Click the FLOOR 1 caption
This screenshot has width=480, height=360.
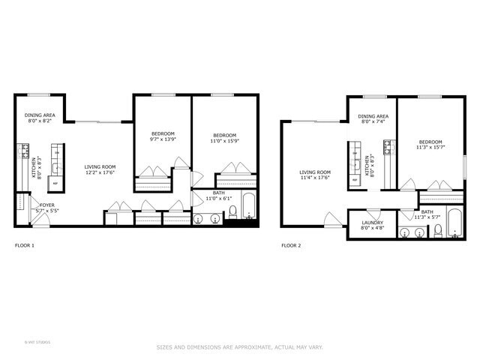click(x=25, y=245)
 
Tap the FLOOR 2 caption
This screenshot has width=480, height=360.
click(x=291, y=245)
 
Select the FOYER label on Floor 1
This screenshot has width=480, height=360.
click(x=37, y=205)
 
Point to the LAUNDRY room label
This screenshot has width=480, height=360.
click(x=373, y=223)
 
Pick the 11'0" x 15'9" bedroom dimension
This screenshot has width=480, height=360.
click(x=223, y=140)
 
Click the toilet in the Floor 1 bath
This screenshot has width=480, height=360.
click(x=232, y=212)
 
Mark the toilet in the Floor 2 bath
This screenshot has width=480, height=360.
click(x=438, y=231)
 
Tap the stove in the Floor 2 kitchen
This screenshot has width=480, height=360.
click(x=388, y=147)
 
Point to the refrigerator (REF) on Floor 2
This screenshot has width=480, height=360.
click(x=355, y=180)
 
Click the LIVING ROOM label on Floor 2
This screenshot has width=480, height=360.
click(x=315, y=172)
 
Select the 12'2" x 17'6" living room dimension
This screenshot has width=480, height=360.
click(x=99, y=173)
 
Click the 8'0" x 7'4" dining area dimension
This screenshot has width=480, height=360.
click(x=372, y=122)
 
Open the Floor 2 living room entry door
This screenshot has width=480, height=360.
click(x=333, y=220)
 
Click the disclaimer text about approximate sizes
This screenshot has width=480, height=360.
click(x=239, y=347)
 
